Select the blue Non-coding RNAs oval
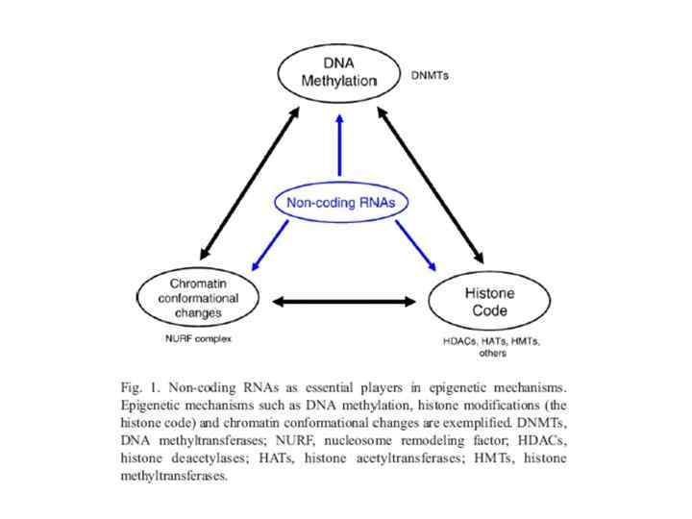[x=336, y=203]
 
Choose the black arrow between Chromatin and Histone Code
[x=344, y=302]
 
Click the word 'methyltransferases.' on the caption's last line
[x=174, y=477]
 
